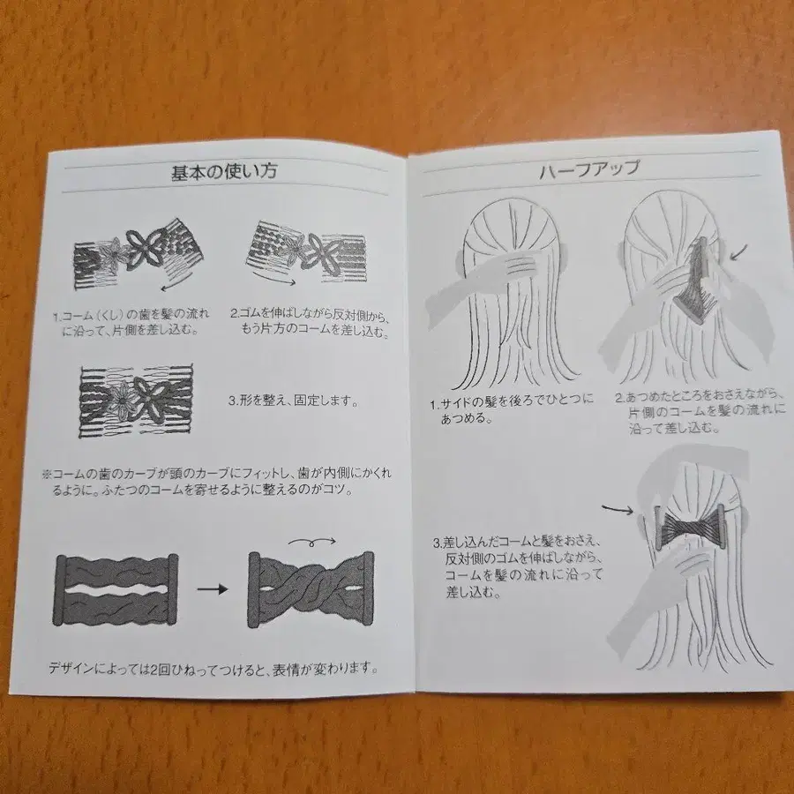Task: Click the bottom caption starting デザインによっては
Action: pyautogui.click(x=214, y=668)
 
